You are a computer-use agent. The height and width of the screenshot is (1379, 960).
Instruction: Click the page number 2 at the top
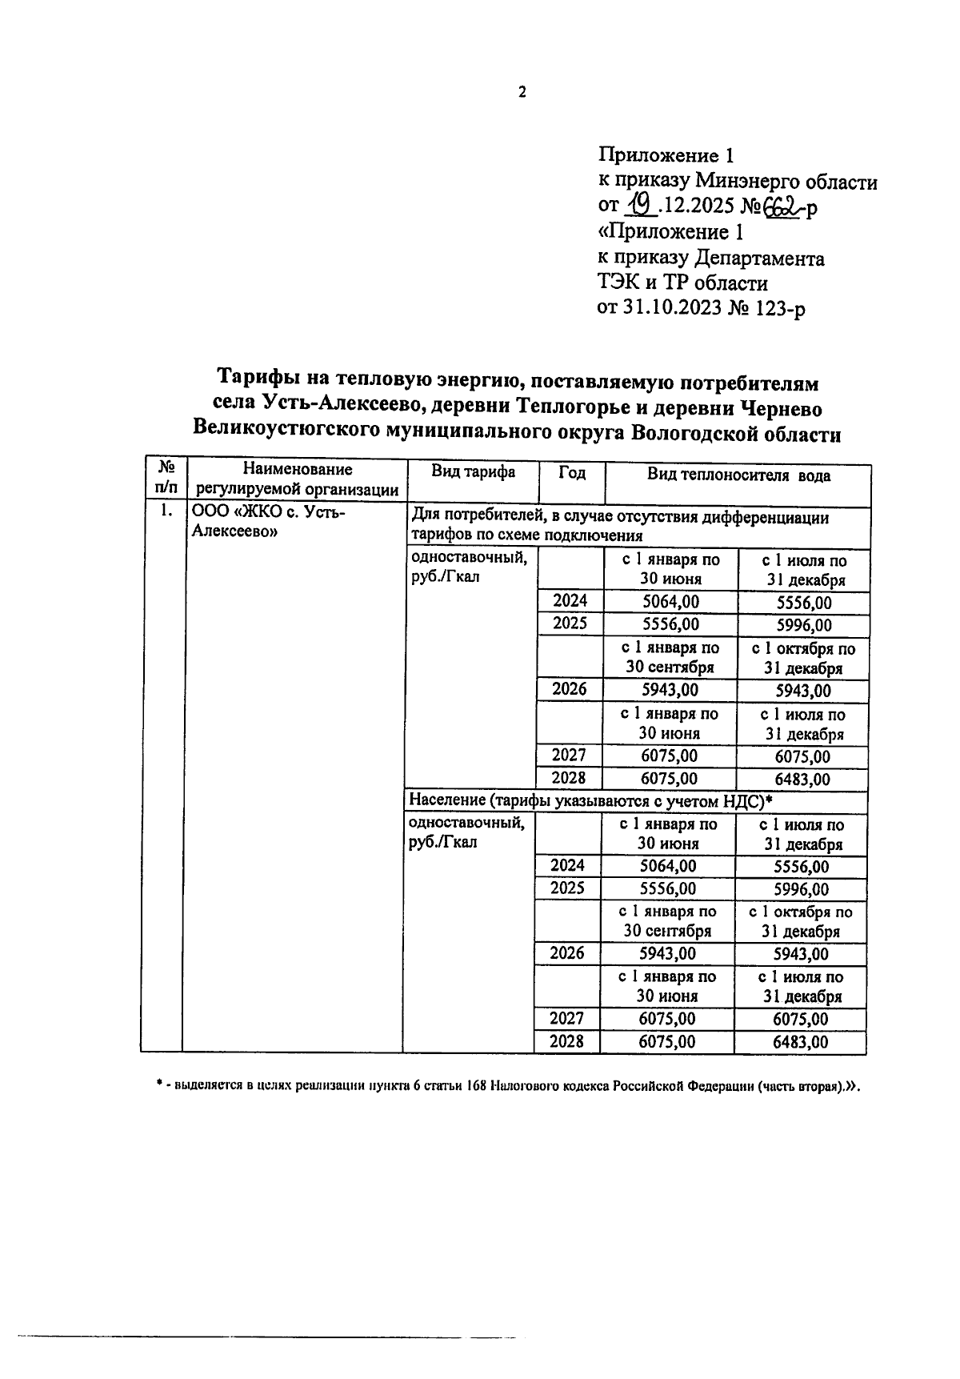point(522,93)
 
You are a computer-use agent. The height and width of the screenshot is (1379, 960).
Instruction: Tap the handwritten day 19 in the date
point(640,207)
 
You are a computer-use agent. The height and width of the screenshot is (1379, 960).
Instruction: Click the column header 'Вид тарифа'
point(473,473)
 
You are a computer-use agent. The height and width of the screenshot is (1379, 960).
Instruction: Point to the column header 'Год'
point(571,473)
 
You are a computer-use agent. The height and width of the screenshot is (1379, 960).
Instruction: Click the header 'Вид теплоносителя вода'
point(738,476)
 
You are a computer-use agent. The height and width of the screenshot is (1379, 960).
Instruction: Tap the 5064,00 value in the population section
point(668,866)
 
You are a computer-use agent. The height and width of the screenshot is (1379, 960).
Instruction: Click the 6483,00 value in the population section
point(801,1042)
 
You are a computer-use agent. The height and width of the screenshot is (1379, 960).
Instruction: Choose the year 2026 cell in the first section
point(569,689)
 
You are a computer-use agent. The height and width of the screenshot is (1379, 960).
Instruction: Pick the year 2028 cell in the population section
point(567,1041)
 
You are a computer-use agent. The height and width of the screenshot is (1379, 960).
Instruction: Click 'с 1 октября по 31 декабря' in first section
point(802,659)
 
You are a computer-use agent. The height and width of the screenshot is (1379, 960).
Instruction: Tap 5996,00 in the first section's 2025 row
point(803,625)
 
